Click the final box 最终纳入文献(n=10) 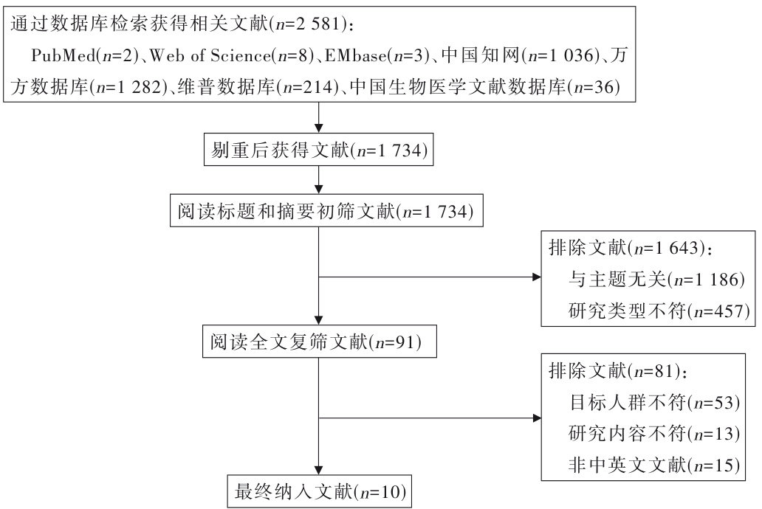coord(317,491)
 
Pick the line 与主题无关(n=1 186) coord(656,280)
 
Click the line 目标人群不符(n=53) coord(655,402)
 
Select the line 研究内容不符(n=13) coord(655,434)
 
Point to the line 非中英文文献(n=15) coord(655,465)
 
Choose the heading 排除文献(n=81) coord(620,370)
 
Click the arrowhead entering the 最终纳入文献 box coord(318,469)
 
